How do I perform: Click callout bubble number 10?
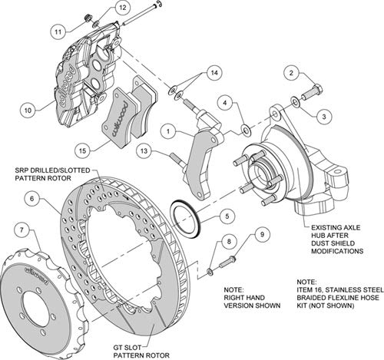click(28, 111)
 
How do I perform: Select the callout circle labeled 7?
click(22, 230)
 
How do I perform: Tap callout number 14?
click(214, 73)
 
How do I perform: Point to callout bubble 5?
click(227, 216)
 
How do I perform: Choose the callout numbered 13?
click(144, 151)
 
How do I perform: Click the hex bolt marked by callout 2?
click(312, 92)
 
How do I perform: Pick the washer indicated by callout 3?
click(296, 102)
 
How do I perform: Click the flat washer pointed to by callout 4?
click(247, 131)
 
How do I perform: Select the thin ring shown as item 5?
click(186, 219)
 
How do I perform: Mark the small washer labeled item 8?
click(209, 272)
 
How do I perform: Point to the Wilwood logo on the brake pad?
click(119, 119)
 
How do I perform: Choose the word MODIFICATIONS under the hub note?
click(337, 251)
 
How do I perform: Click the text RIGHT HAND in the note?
click(244, 298)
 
